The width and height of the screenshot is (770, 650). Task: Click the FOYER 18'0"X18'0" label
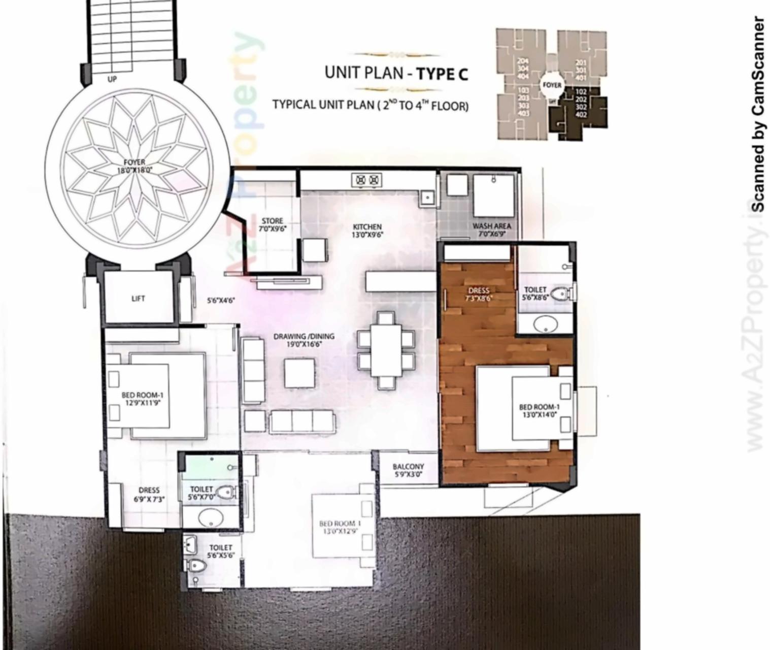135,167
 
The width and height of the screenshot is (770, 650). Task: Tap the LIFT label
138,299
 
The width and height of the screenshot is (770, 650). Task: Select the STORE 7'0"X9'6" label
273,224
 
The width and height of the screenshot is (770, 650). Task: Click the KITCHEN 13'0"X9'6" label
367,231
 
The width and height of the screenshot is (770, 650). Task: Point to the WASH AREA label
491,230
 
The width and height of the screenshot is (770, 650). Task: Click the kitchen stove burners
367,180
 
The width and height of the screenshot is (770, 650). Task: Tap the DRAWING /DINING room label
304,340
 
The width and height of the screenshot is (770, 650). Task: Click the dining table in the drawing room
386,350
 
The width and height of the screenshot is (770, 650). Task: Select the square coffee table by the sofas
299,373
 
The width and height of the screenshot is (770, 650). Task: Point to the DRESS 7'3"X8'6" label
479,295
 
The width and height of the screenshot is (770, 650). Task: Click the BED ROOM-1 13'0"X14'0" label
539,410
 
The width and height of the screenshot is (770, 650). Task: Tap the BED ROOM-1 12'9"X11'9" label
143,399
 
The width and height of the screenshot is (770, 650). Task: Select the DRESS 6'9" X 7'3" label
149,494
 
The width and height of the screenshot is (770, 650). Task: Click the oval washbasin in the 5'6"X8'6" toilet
545,323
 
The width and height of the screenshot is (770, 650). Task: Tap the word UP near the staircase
112,79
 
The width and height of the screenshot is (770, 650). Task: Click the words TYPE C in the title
442,74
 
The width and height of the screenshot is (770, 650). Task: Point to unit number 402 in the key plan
582,115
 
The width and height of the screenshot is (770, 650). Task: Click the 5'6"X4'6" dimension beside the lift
221,300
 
